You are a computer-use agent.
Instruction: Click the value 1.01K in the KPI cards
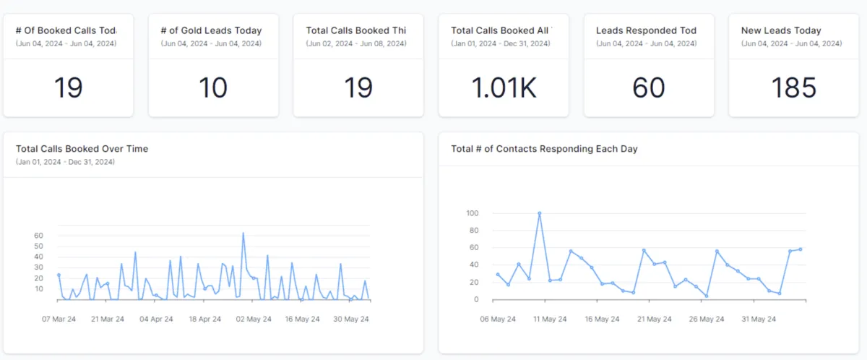pyautogui.click(x=504, y=87)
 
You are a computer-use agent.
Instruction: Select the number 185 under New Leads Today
pyautogui.click(x=793, y=87)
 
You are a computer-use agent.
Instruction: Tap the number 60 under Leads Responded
pyautogui.click(x=648, y=87)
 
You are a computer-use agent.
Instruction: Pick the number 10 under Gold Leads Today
pyautogui.click(x=213, y=87)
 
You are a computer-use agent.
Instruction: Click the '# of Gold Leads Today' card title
pyautogui.click(x=210, y=30)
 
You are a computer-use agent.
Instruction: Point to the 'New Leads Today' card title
pyautogui.click(x=781, y=30)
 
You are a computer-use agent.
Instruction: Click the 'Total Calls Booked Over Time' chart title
pyautogui.click(x=82, y=149)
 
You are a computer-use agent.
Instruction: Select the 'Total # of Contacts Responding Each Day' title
pyautogui.click(x=544, y=149)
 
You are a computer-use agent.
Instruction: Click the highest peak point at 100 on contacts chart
pyautogui.click(x=540, y=213)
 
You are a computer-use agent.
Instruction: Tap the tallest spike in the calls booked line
pyautogui.click(x=243, y=233)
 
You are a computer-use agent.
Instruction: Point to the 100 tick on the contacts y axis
pyautogui.click(x=473, y=213)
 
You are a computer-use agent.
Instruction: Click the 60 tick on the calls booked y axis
pyautogui.click(x=38, y=236)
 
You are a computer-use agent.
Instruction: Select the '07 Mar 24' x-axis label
pyautogui.click(x=58, y=319)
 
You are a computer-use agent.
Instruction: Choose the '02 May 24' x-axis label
pyautogui.click(x=254, y=319)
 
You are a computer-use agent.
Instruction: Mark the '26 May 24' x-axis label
pyautogui.click(x=707, y=319)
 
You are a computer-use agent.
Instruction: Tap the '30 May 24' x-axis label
pyautogui.click(x=352, y=319)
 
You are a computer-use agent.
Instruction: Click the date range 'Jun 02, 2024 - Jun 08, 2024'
pyautogui.click(x=355, y=44)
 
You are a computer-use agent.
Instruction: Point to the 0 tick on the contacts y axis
pyautogui.click(x=475, y=299)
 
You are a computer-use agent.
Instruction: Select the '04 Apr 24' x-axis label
pyautogui.click(x=156, y=319)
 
